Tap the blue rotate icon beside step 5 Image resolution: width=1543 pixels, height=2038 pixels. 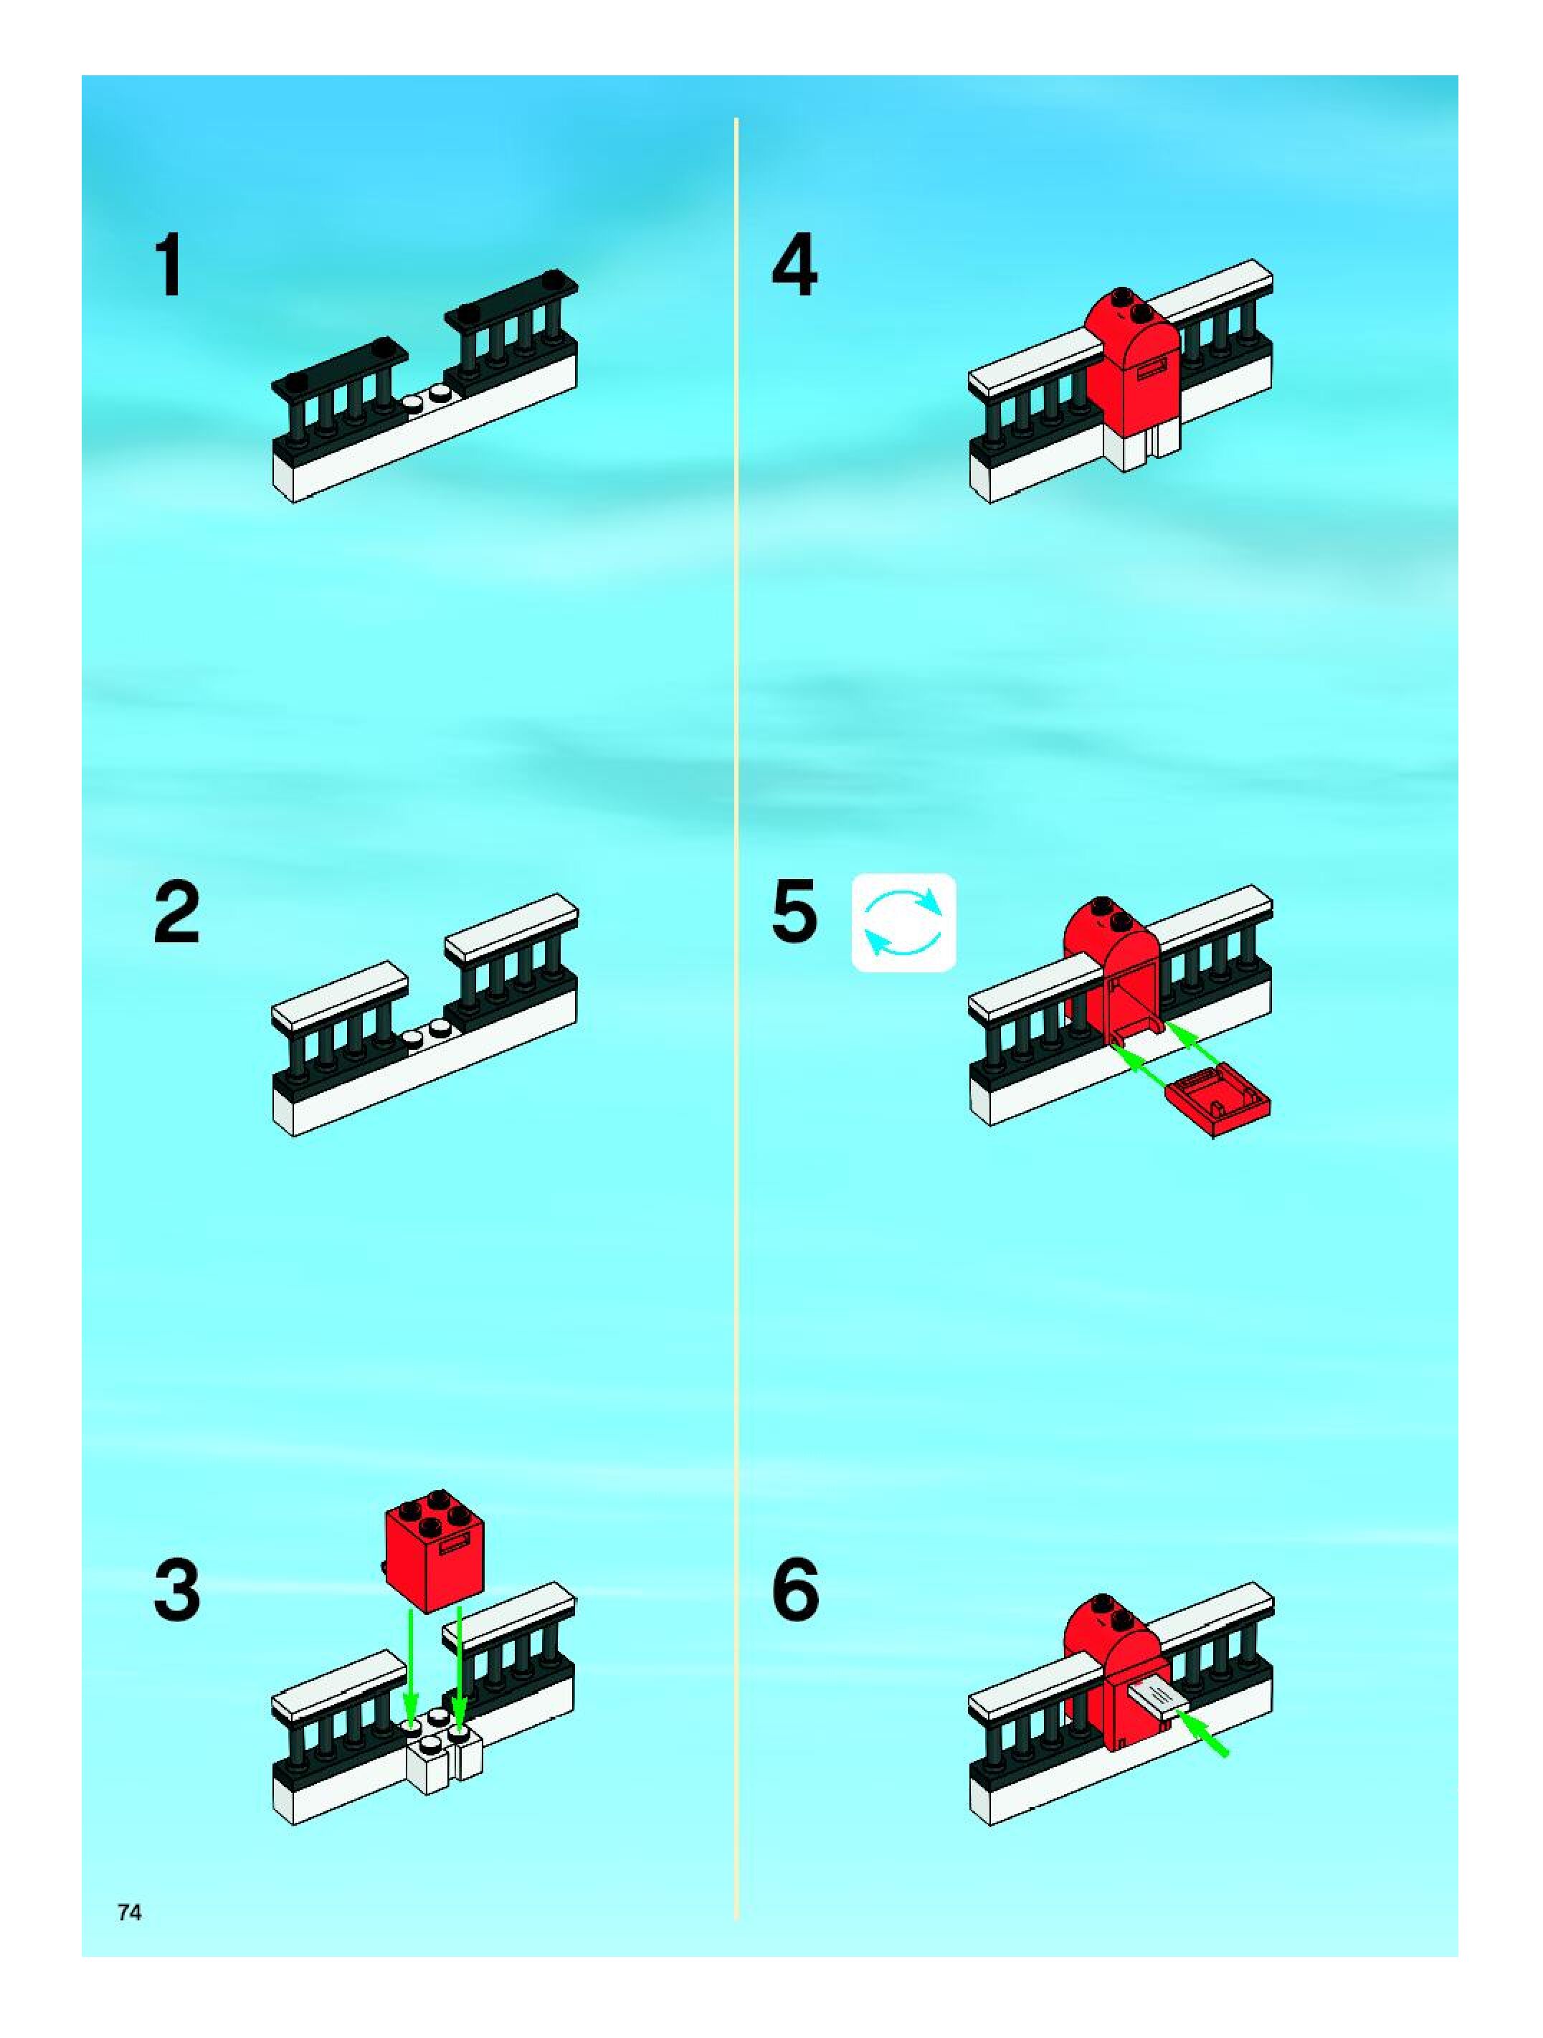[903, 921]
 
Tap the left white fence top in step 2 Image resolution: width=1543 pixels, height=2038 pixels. [341, 995]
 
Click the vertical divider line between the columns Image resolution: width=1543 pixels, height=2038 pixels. [736, 1013]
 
